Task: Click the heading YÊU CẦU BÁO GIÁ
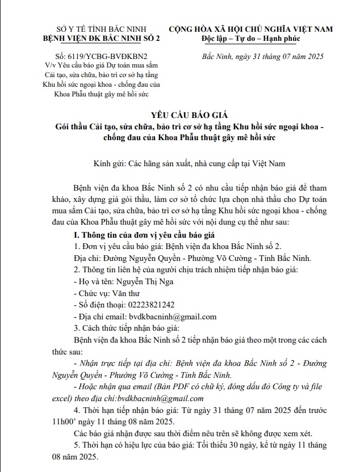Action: (x=180, y=113)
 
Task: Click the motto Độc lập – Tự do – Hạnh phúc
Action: (x=250, y=38)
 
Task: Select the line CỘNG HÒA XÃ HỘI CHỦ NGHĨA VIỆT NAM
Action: (x=250, y=28)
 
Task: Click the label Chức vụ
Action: (x=94, y=293)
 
